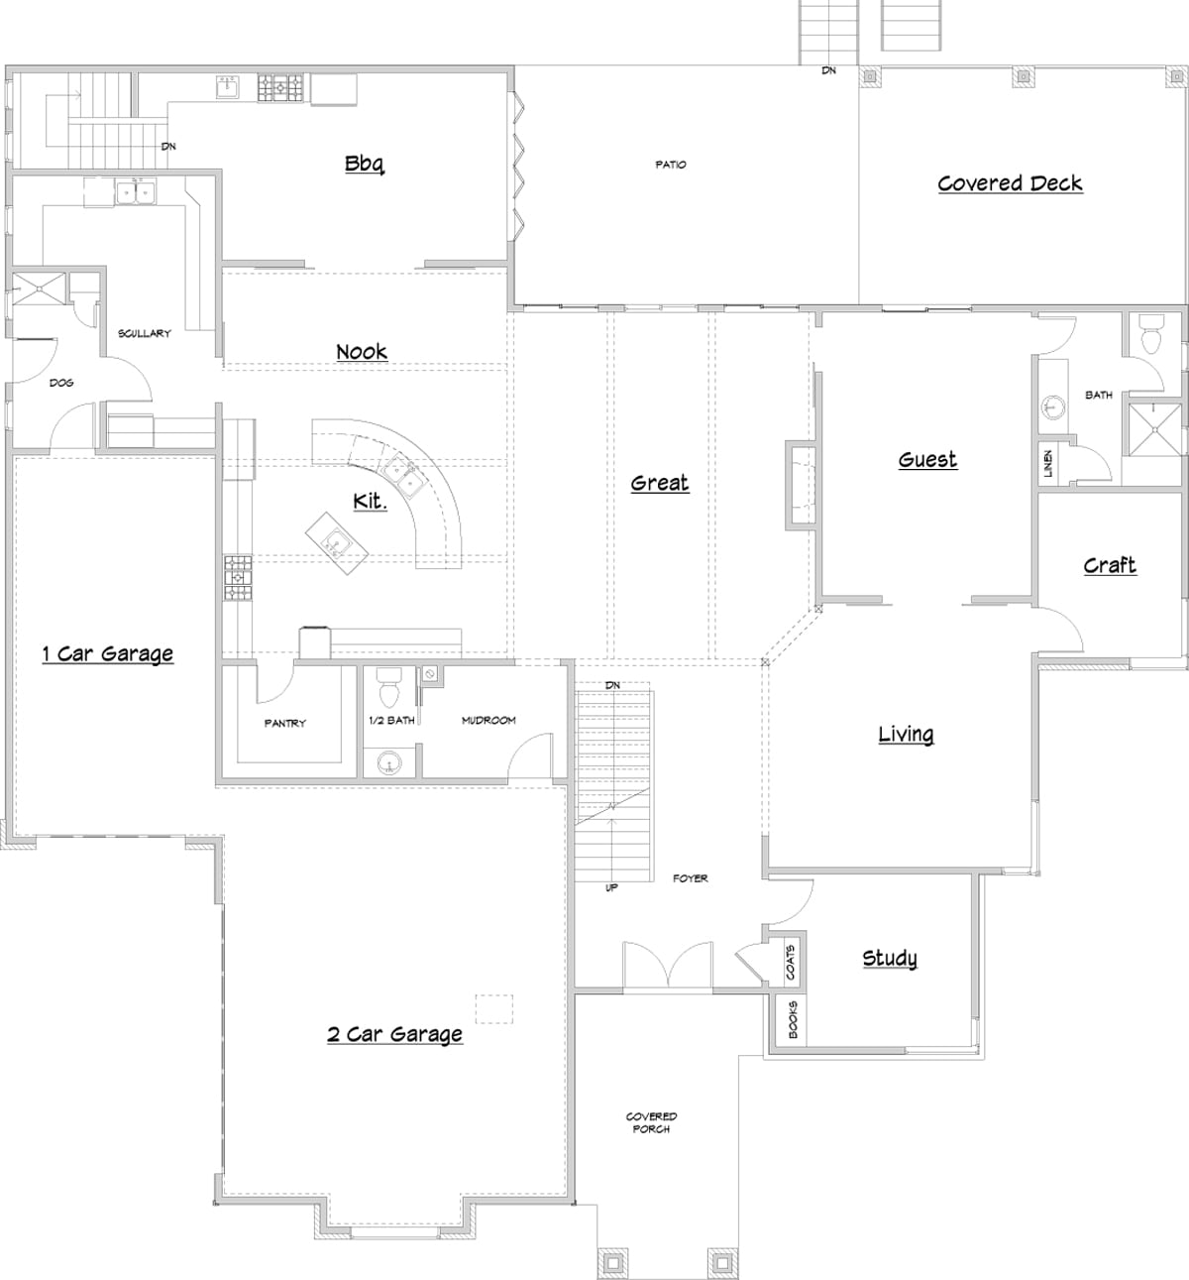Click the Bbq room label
pyautogui.click(x=364, y=164)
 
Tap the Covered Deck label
pyautogui.click(x=1010, y=183)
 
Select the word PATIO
pyautogui.click(x=671, y=165)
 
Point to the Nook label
pyautogui.click(x=362, y=352)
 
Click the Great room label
pyautogui.click(x=660, y=483)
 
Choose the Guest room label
pyautogui.click(x=927, y=459)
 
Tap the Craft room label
pyautogui.click(x=1110, y=565)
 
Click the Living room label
pyautogui.click(x=906, y=735)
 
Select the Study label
pyautogui.click(x=889, y=958)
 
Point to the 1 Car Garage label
pyautogui.click(x=108, y=653)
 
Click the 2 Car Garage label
pyautogui.click(x=395, y=1034)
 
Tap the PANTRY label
pyautogui.click(x=285, y=723)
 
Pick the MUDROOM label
pyautogui.click(x=488, y=720)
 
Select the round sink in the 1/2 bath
pyautogui.click(x=388, y=762)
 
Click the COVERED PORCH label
pyautogui.click(x=651, y=1122)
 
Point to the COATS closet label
pyautogui.click(x=790, y=962)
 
